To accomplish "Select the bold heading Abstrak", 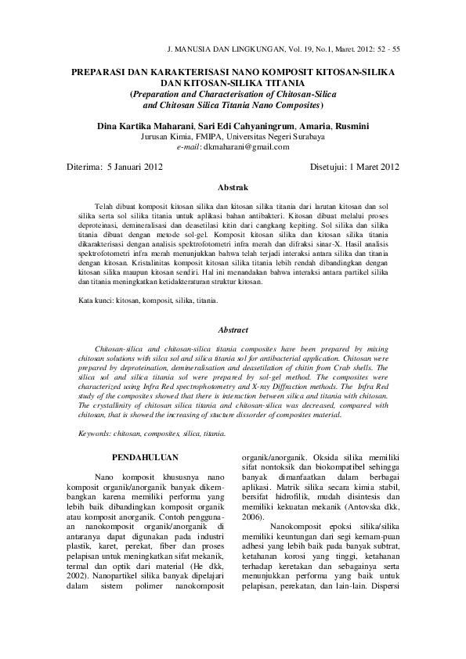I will coord(233,188).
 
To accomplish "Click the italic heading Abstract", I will coord(233,330).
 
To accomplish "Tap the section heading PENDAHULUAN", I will coord(146,456).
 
